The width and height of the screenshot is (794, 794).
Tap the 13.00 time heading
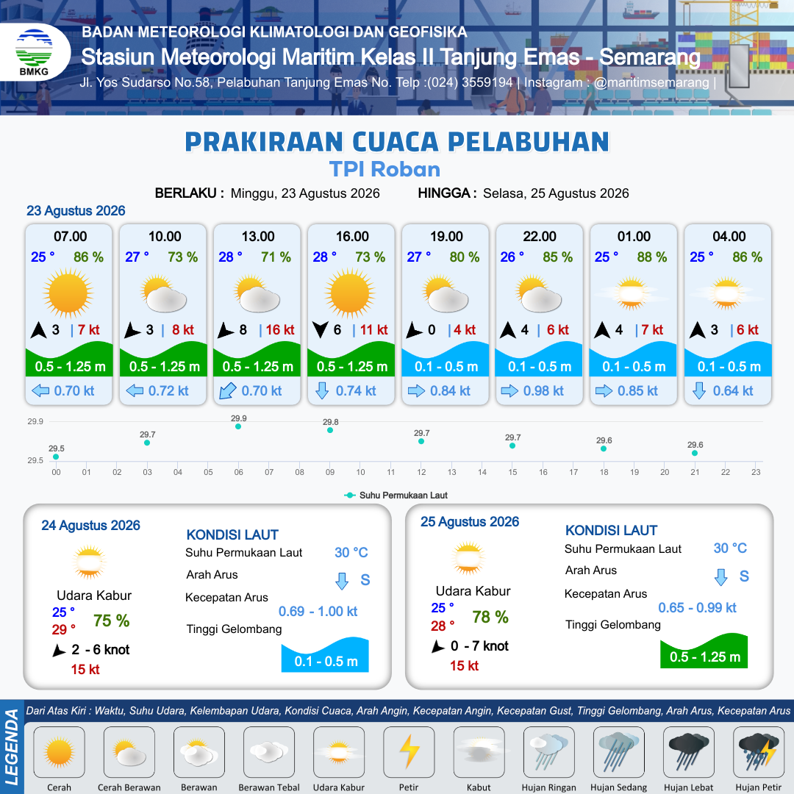coord(258,237)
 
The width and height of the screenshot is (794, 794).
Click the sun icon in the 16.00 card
coord(350,293)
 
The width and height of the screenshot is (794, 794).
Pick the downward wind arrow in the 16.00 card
coord(320,329)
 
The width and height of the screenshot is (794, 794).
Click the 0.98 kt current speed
coord(543,391)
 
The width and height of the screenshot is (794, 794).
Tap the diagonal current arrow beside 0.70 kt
coord(227,391)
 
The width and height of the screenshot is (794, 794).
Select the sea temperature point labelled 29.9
coord(238,426)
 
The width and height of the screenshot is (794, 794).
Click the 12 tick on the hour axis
coord(421,472)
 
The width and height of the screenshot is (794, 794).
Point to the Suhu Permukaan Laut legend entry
coord(396,496)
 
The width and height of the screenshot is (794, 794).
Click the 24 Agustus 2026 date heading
coord(90,526)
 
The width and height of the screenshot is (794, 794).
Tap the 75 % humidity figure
coord(112,620)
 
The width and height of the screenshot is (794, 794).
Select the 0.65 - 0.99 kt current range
coord(697,608)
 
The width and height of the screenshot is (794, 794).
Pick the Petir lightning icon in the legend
coord(409,751)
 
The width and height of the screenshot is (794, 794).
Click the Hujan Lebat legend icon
coord(689,751)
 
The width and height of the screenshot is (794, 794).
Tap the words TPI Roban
coord(385,169)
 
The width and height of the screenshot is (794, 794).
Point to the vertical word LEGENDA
coord(12,747)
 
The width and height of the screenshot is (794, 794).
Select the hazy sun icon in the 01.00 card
coord(632,293)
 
